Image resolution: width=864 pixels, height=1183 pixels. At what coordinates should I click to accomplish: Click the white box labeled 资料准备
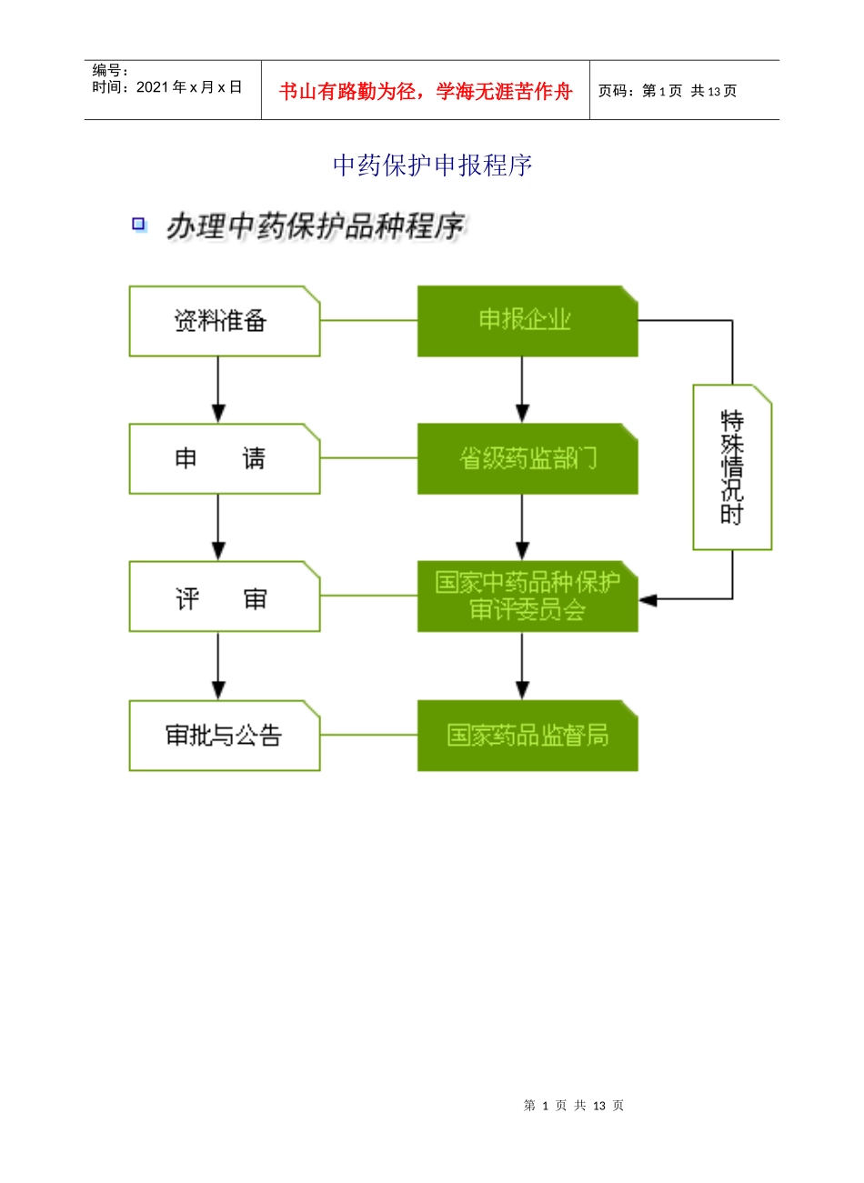(x=224, y=321)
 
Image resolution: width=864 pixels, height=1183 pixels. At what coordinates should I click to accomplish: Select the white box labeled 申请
(x=224, y=459)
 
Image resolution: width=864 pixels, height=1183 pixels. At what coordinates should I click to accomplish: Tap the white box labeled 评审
(x=224, y=597)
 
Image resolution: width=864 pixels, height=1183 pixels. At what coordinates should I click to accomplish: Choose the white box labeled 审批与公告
(x=224, y=736)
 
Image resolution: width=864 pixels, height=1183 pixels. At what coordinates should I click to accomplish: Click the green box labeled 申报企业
(x=527, y=321)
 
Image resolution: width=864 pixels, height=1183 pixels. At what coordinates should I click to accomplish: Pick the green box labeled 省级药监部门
(x=527, y=459)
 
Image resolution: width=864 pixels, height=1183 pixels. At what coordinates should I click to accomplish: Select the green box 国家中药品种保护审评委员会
(x=527, y=597)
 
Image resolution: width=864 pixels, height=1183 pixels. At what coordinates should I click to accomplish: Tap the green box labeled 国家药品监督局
(x=527, y=736)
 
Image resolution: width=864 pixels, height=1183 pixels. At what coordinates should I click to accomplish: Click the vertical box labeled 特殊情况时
(x=732, y=467)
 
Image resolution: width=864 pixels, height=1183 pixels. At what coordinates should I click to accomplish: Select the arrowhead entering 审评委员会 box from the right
(x=648, y=599)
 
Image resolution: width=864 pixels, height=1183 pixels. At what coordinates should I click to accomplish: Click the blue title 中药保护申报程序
(x=432, y=165)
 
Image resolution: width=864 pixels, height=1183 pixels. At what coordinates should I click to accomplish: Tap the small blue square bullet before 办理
(x=139, y=224)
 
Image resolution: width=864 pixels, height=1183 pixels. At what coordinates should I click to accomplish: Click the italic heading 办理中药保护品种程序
(x=315, y=226)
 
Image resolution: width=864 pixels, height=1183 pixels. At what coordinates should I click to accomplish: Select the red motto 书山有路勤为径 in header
(x=426, y=91)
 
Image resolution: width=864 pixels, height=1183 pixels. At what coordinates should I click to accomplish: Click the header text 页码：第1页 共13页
(x=668, y=91)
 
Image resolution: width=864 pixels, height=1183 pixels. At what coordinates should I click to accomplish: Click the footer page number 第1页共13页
(x=574, y=1106)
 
